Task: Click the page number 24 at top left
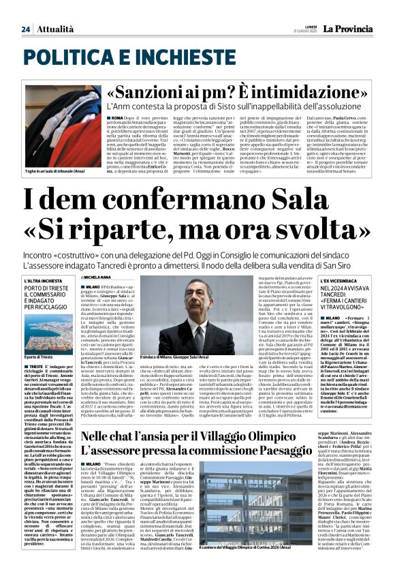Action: click(x=26, y=29)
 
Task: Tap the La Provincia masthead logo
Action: click(x=347, y=28)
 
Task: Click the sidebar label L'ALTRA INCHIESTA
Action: click(x=43, y=280)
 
